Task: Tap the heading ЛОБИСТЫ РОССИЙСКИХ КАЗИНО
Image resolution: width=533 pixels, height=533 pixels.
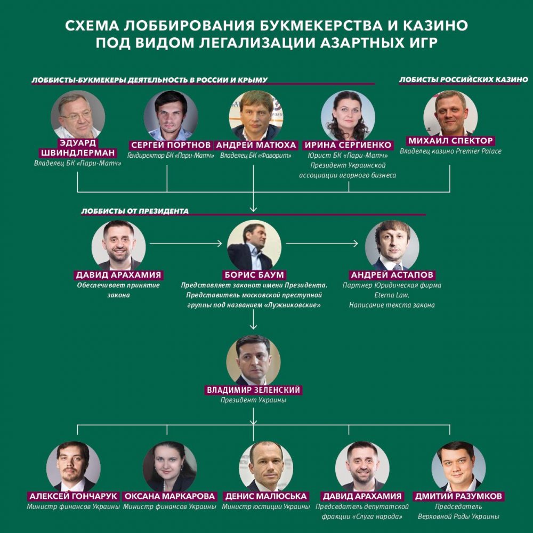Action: pyautogui.click(x=463, y=79)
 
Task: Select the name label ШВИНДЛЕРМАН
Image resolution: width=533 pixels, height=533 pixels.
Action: pyautogui.click(x=78, y=153)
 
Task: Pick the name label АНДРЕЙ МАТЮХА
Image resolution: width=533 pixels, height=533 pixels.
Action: pyautogui.click(x=256, y=145)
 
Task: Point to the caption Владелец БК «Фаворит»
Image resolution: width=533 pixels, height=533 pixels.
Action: pyautogui.click(x=256, y=156)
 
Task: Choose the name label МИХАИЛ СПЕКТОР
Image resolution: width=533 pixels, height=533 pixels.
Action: pyautogui.click(x=450, y=141)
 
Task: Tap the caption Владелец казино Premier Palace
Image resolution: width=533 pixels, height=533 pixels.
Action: pyautogui.click(x=450, y=151)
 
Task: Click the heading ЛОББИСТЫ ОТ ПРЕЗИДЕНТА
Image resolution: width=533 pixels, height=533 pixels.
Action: pyautogui.click(x=135, y=211)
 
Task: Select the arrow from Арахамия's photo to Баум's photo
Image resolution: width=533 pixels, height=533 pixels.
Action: pyautogui.click(x=185, y=244)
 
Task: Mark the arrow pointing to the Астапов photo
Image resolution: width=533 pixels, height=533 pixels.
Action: pyautogui.click(x=321, y=244)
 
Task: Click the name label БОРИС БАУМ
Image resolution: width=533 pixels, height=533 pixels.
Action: pyautogui.click(x=254, y=274)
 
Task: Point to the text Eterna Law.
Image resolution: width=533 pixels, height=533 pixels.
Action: pyautogui.click(x=392, y=295)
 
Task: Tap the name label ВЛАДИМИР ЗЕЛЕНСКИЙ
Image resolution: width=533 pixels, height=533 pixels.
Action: pyautogui.click(x=254, y=390)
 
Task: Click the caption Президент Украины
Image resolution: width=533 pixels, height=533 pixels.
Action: pyautogui.click(x=253, y=400)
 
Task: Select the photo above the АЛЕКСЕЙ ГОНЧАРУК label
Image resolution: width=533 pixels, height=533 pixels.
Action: pyautogui.click(x=74, y=467)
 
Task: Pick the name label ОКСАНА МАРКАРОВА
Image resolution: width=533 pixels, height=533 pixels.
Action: pyautogui.click(x=169, y=496)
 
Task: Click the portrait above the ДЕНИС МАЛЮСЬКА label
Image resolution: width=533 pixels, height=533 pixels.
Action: pyautogui.click(x=266, y=467)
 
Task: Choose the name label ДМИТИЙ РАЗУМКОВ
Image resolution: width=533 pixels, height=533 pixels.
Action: pyautogui.click(x=458, y=496)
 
